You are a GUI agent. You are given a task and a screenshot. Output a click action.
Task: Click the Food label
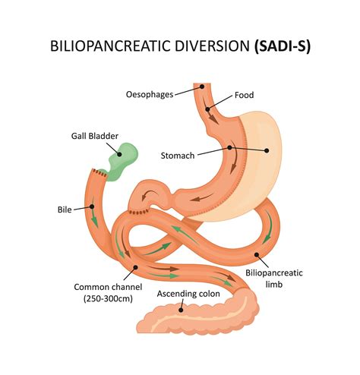[x=244, y=95]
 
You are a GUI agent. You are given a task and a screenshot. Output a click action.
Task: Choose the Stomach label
[x=178, y=156]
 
